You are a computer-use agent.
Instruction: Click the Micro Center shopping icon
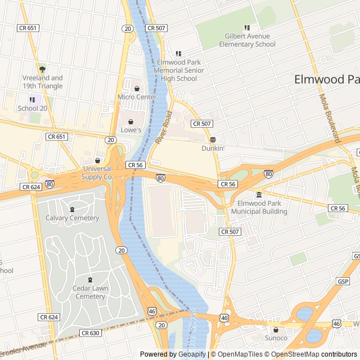click(137, 88)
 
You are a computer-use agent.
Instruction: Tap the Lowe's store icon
click(131, 121)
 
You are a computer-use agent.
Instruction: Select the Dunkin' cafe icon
click(213, 139)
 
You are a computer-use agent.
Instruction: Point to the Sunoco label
click(276, 338)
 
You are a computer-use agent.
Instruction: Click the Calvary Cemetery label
click(72, 218)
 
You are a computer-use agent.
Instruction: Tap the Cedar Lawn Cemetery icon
click(90, 280)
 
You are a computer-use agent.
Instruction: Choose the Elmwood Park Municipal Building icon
click(259, 195)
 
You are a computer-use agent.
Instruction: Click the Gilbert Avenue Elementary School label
click(247, 40)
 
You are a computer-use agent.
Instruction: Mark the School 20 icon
click(32, 100)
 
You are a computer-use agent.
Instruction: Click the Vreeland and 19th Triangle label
click(43, 82)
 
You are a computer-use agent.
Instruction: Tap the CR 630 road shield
click(90, 333)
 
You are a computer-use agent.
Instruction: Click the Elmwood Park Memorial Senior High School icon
click(178, 53)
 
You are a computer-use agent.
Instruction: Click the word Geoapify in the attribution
click(192, 354)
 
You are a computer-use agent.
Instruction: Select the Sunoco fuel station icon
click(276, 330)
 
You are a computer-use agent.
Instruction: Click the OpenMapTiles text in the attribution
click(240, 354)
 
